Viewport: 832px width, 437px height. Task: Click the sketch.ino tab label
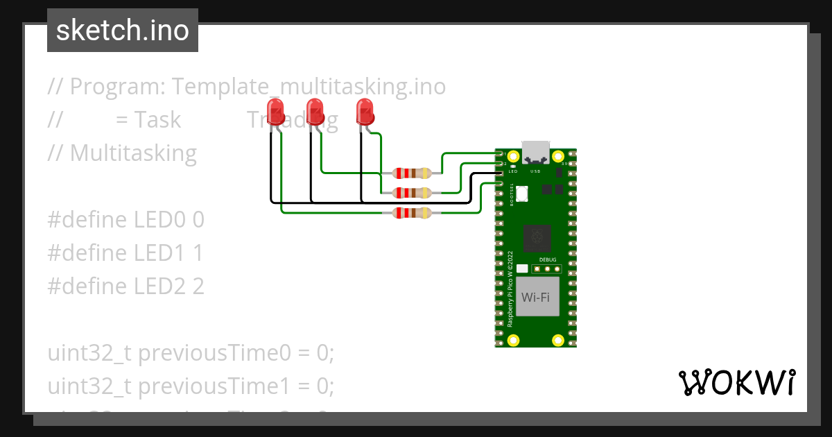coord(122,31)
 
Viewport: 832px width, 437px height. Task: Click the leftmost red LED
coord(275,112)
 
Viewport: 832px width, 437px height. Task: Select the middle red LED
coord(315,112)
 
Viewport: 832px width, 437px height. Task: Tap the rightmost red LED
coord(364,112)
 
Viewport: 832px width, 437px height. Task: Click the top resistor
coord(412,173)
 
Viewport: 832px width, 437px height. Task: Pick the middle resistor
coord(412,192)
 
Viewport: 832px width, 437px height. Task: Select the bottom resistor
coord(412,213)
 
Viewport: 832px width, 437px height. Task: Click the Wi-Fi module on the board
coord(535,298)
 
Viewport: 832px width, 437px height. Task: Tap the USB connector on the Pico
coord(535,153)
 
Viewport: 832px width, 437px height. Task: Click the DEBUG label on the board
coord(548,259)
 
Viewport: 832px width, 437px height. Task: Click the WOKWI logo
coord(736,382)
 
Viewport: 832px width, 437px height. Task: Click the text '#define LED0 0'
coord(125,220)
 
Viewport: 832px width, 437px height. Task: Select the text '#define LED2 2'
coord(125,286)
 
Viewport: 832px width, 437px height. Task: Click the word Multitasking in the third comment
coord(133,153)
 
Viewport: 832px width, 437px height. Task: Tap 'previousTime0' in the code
coord(216,353)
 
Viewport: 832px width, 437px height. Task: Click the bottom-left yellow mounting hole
coord(514,340)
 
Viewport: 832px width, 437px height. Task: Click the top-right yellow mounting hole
coord(558,157)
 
